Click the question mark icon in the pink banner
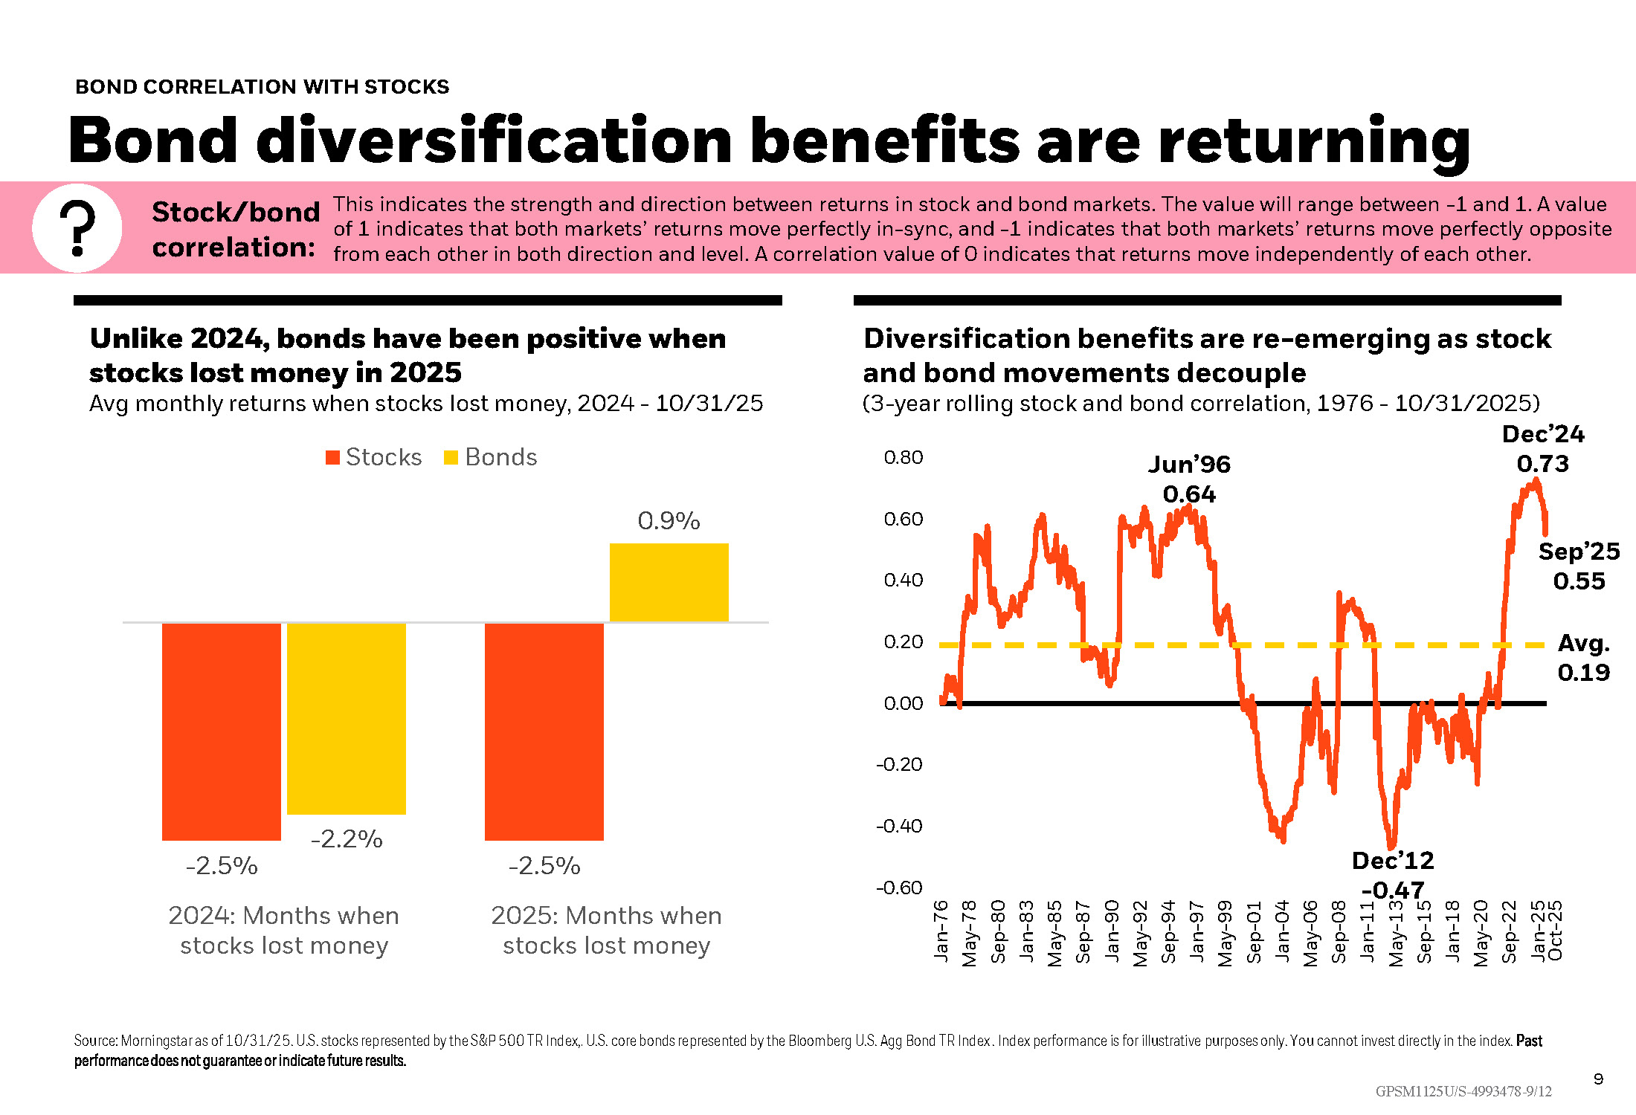click(x=77, y=228)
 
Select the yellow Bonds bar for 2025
click(x=669, y=582)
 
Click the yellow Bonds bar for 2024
click(x=347, y=718)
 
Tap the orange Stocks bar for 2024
click(x=222, y=731)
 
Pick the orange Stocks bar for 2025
click(x=544, y=731)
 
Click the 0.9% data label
click(x=669, y=521)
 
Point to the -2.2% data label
click(x=347, y=839)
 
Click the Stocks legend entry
click(x=374, y=457)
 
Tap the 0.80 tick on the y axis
click(x=904, y=457)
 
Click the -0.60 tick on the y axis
click(x=899, y=888)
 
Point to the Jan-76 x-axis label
click(x=941, y=931)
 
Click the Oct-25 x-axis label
click(x=1555, y=931)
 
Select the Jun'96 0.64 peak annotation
click(x=1189, y=479)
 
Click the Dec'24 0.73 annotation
click(x=1543, y=449)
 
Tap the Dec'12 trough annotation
click(x=1393, y=874)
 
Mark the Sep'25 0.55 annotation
click(x=1579, y=566)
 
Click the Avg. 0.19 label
click(x=1584, y=658)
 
